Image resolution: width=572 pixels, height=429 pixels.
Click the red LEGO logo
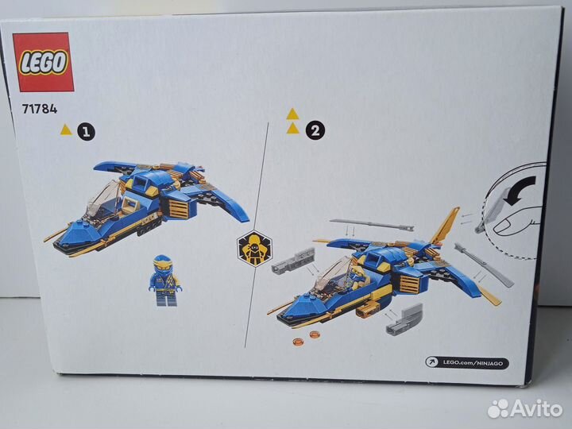pyautogui.click(x=43, y=62)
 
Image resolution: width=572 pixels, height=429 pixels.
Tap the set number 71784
pyautogui.click(x=40, y=109)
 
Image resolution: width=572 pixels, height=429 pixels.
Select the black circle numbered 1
pyautogui.click(x=86, y=132)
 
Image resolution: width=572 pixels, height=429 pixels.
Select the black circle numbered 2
pyautogui.click(x=315, y=129)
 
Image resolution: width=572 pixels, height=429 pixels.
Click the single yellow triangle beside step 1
pyautogui.click(x=66, y=129)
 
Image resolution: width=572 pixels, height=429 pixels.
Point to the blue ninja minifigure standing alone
pyautogui.click(x=165, y=280)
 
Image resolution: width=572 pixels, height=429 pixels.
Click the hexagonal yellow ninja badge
pyautogui.click(x=255, y=249)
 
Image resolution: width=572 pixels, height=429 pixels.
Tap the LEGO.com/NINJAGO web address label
pyautogui.click(x=467, y=362)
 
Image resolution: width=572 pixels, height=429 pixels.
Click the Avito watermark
pyautogui.click(x=525, y=408)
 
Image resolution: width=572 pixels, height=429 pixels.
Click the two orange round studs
pyautogui.click(x=306, y=338)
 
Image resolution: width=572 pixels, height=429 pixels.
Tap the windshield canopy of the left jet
pyautogui.click(x=103, y=201)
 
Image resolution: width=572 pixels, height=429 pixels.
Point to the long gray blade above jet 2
pyautogui.click(x=371, y=224)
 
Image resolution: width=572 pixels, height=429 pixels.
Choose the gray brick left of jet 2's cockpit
pyautogui.click(x=293, y=261)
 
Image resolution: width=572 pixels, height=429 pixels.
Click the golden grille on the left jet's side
pyautogui.click(x=179, y=209)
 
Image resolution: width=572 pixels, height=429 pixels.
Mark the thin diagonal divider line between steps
pyautogui.click(x=257, y=234)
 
